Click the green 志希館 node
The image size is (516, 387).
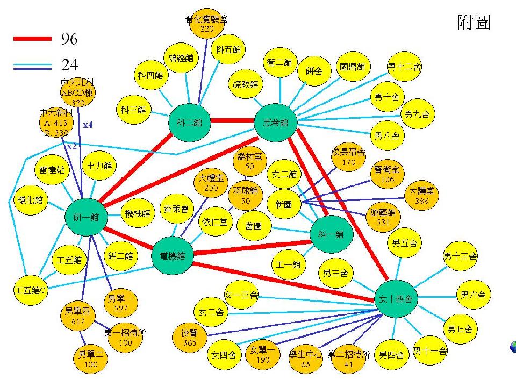[x=275, y=123]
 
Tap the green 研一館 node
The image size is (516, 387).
[x=85, y=217]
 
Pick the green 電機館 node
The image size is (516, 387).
[x=172, y=256]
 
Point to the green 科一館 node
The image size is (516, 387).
[x=331, y=234]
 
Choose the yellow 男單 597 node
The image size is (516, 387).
[x=120, y=303]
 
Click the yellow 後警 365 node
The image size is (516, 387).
[x=189, y=337]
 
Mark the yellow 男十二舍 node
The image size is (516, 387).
[x=404, y=68]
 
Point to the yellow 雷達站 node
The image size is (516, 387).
[x=52, y=170]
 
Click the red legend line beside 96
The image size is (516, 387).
[x=33, y=39]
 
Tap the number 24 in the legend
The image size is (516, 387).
[x=69, y=66]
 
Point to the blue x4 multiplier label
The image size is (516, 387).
[x=88, y=125]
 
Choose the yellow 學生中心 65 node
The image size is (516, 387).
[x=305, y=359]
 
